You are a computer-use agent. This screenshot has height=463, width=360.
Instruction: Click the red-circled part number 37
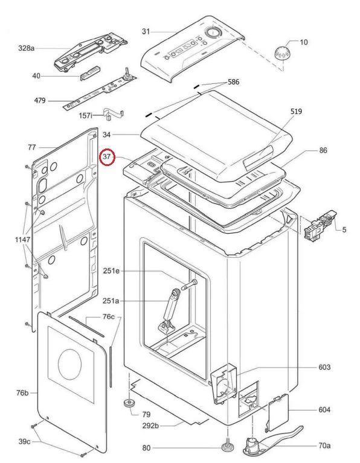point(107,156)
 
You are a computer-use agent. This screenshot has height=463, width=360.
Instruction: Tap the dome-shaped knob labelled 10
point(282,53)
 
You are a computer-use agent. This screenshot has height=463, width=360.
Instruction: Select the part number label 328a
point(27,48)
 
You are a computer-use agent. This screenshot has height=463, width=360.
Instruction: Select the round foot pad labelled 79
point(129,403)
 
